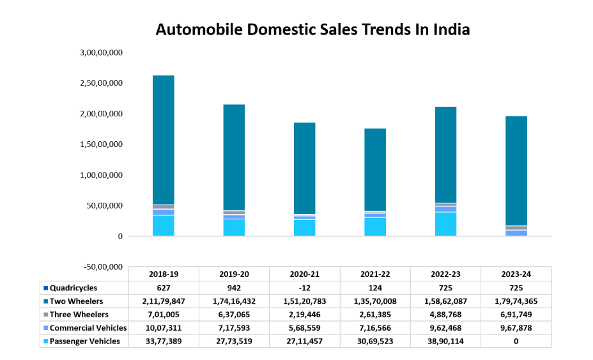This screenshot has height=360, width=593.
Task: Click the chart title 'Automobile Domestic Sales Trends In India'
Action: pyautogui.click(x=313, y=29)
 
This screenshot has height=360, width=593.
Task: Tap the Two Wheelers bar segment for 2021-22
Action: pyautogui.click(x=375, y=169)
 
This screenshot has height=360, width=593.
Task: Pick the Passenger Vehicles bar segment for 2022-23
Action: pyautogui.click(x=446, y=224)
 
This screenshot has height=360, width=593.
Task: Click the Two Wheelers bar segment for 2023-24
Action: pyautogui.click(x=516, y=170)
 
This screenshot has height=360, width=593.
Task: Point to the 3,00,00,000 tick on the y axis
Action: pyautogui.click(x=102, y=52)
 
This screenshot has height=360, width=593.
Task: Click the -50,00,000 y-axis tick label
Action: pyautogui.click(x=101, y=267)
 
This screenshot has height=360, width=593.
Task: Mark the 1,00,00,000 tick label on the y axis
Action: pyautogui.click(x=102, y=175)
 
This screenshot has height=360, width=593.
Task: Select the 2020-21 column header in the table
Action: pyautogui.click(x=304, y=274)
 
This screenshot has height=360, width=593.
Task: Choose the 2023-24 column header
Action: pyautogui.click(x=516, y=274)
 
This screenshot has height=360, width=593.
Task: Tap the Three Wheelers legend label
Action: pyautogui.click(x=79, y=315)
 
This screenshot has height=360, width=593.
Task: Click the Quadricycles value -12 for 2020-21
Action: pyautogui.click(x=304, y=288)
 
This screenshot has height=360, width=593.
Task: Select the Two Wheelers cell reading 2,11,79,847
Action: pyautogui.click(x=164, y=301)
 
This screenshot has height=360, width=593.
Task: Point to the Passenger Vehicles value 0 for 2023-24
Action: pyautogui.click(x=516, y=341)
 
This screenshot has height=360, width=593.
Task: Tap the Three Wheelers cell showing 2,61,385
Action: pyautogui.click(x=375, y=315)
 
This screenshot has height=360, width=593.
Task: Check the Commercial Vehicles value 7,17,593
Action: pyautogui.click(x=234, y=328)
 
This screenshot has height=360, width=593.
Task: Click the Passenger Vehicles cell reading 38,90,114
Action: pyautogui.click(x=445, y=341)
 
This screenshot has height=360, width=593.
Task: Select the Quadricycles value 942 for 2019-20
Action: pyautogui.click(x=234, y=288)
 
